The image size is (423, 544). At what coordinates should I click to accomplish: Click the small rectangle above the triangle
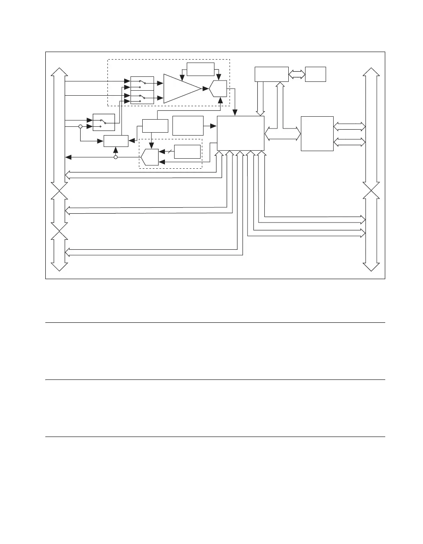(201, 69)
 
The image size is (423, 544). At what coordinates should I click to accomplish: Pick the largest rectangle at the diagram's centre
(240, 133)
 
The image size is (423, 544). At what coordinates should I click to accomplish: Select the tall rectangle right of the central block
(317, 133)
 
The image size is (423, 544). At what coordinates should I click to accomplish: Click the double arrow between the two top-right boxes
(297, 74)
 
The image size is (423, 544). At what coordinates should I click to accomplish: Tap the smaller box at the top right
(316, 74)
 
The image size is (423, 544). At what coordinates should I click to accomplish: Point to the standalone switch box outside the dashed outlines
(104, 122)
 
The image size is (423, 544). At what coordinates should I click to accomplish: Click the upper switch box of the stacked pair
(142, 83)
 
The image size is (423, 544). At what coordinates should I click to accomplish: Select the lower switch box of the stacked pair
(142, 98)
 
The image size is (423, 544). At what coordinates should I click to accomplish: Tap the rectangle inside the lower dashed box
(187, 152)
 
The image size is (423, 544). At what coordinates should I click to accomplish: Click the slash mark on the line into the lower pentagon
(168, 152)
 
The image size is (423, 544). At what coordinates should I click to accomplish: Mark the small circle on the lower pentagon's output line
(116, 157)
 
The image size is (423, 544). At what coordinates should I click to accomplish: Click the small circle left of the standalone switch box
(80, 126)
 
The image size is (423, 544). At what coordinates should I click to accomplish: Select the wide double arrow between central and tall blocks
(283, 133)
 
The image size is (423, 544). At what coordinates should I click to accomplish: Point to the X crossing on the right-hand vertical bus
(372, 190)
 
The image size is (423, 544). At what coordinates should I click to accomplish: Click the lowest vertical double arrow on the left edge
(59, 252)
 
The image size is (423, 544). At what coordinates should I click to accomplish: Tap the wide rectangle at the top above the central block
(272, 74)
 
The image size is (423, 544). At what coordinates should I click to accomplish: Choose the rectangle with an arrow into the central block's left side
(188, 126)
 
